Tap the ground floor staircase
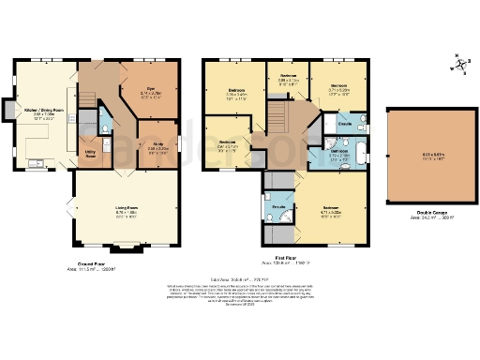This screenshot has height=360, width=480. [x=88, y=98]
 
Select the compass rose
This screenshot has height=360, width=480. [x=459, y=67]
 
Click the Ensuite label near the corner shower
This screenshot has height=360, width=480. [x=278, y=206]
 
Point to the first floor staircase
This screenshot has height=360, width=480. [x=277, y=119]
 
